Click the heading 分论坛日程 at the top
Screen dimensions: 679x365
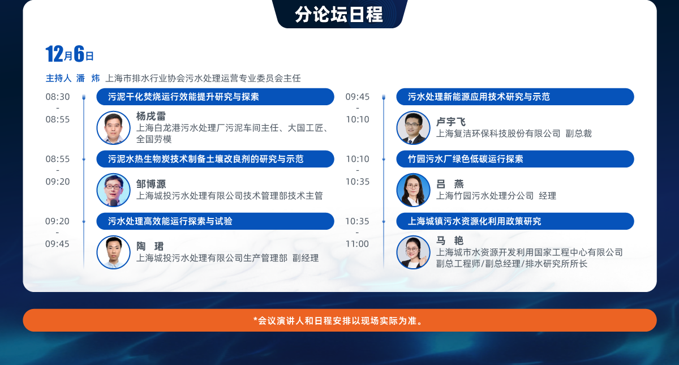pos(339,14)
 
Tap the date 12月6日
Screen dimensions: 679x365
pos(70,54)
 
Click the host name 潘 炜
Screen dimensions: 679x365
pos(88,78)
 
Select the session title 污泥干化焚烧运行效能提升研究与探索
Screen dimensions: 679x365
pos(183,97)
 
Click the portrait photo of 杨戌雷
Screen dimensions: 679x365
pos(113,128)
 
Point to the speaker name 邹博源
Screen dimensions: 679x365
pos(151,184)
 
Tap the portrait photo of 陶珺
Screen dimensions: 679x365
pos(113,252)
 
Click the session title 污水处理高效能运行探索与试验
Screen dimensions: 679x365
pos(170,221)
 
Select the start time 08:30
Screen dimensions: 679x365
pos(58,97)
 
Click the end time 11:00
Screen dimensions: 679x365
pos(358,244)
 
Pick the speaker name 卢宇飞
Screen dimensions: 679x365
pos(451,122)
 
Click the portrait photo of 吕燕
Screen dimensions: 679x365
pos(413,190)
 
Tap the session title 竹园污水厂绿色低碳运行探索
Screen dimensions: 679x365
pos(465,159)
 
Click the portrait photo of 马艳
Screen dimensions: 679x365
pos(413,252)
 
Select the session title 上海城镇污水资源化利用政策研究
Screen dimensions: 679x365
pos(474,221)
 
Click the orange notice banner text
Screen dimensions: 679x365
pos(338,320)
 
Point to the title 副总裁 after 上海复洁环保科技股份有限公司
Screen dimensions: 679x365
pos(579,134)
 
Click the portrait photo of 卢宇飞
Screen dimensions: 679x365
pos(413,128)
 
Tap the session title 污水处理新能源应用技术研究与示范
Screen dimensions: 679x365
pos(479,97)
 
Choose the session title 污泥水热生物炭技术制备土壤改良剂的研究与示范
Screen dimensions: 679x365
pos(205,159)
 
